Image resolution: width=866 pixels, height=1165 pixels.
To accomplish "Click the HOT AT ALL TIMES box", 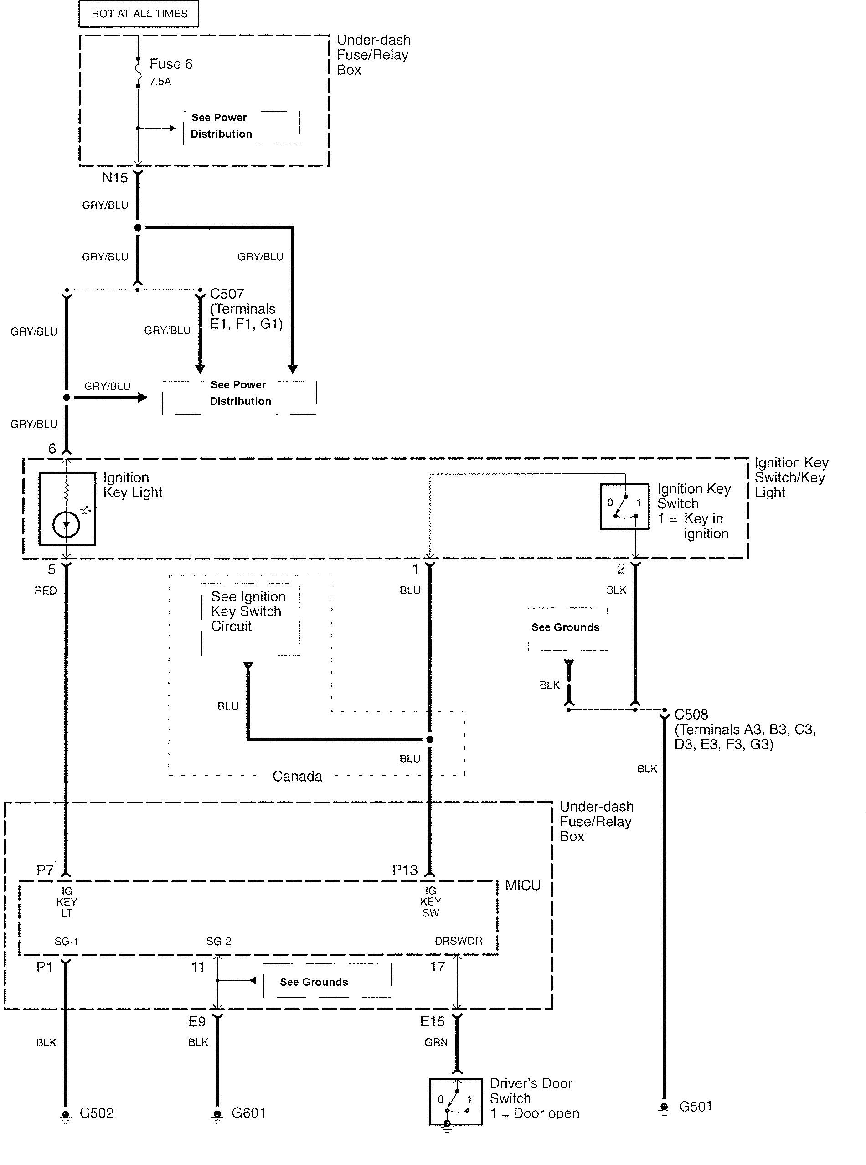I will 139,14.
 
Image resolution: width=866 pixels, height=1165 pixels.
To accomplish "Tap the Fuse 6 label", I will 171,64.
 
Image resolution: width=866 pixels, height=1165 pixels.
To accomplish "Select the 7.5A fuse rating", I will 160,81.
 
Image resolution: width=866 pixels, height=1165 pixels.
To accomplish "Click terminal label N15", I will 115,178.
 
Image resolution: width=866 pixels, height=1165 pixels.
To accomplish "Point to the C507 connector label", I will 227,294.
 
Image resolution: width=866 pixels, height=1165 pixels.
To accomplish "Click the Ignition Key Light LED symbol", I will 67,524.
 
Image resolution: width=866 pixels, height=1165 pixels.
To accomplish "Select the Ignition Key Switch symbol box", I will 624,507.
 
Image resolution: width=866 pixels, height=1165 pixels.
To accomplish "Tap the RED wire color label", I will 46,591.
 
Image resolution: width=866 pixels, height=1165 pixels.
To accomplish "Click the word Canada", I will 297,776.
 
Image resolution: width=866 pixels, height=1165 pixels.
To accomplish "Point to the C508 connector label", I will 691,715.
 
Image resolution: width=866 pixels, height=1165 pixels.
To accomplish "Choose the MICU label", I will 523,885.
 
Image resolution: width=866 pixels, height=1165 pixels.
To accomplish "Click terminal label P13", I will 405,870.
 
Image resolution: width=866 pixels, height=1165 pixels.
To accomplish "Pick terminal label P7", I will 45,870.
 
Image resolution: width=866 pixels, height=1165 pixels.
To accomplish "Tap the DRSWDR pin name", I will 458,941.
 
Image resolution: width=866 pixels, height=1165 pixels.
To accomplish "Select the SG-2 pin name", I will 219,941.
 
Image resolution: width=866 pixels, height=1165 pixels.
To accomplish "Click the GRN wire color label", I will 436,1042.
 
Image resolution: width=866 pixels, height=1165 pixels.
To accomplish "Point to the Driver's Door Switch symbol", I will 455,1102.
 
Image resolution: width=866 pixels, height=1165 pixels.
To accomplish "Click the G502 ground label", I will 97,1113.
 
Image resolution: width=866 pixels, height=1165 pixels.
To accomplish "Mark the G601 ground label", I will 248,1113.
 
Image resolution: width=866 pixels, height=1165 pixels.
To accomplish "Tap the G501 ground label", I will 696,1106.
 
